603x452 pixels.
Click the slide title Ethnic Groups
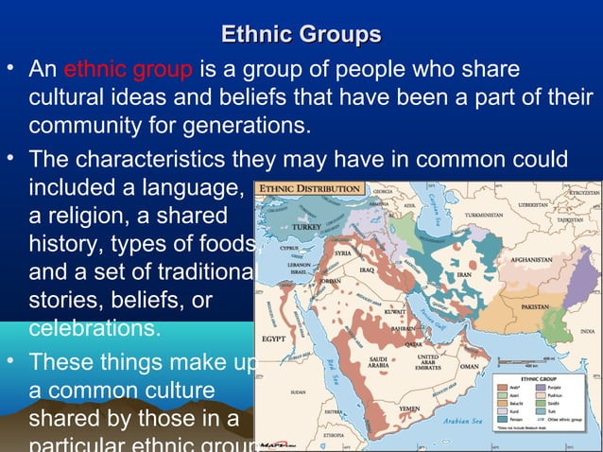coord(301,36)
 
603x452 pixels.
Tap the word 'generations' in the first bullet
coord(241,126)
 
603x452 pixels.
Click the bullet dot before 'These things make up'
coord(10,360)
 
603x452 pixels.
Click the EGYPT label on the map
coord(275,338)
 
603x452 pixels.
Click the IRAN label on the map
coord(463,274)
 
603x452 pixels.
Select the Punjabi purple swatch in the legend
coord(542,387)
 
